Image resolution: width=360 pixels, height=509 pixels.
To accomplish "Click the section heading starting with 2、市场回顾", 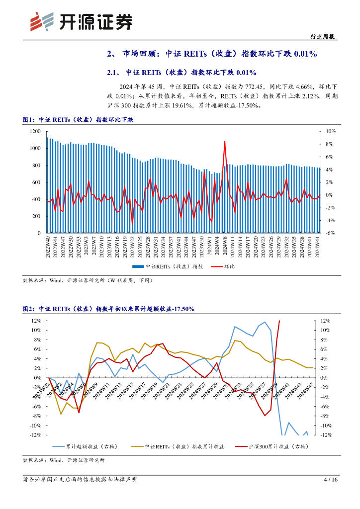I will (212, 54).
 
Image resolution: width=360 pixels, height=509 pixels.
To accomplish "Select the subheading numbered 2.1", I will (181, 73).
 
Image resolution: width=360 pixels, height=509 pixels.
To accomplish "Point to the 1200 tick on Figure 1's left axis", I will (34, 131).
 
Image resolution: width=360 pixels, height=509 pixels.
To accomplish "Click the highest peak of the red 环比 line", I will (225, 142).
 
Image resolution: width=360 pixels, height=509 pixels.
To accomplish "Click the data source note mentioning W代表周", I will (88, 281).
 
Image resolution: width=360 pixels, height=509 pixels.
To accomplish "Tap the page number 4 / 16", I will (330, 480).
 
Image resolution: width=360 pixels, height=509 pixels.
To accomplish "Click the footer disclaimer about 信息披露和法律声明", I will (80, 480).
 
